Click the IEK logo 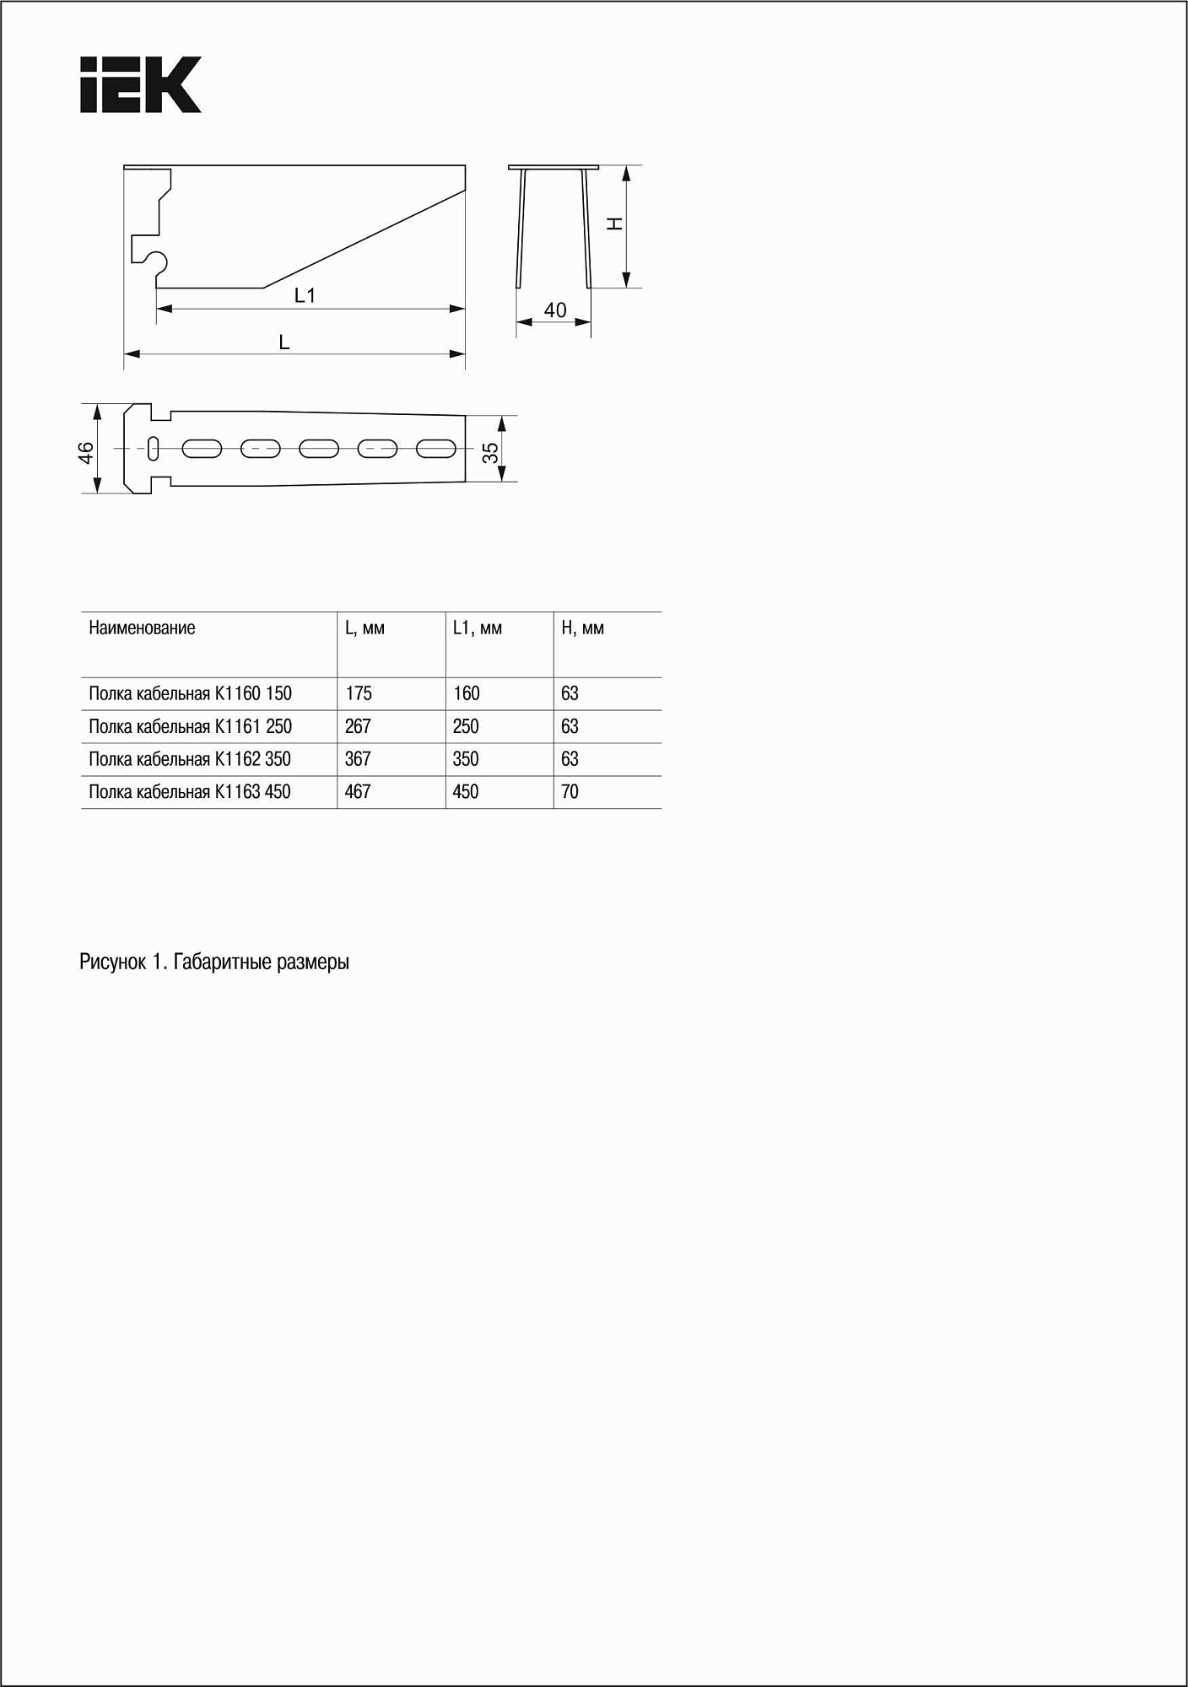point(141,85)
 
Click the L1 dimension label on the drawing point(305,295)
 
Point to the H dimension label point(615,224)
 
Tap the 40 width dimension point(555,310)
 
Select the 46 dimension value point(86,452)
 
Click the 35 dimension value point(490,453)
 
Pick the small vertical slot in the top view point(154,449)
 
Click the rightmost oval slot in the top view point(436,449)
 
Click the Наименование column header point(142,628)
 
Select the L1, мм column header point(478,628)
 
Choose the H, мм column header point(583,628)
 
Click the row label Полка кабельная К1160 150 point(190,694)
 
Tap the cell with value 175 point(359,694)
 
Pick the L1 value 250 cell point(466,727)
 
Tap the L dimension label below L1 point(284,342)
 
